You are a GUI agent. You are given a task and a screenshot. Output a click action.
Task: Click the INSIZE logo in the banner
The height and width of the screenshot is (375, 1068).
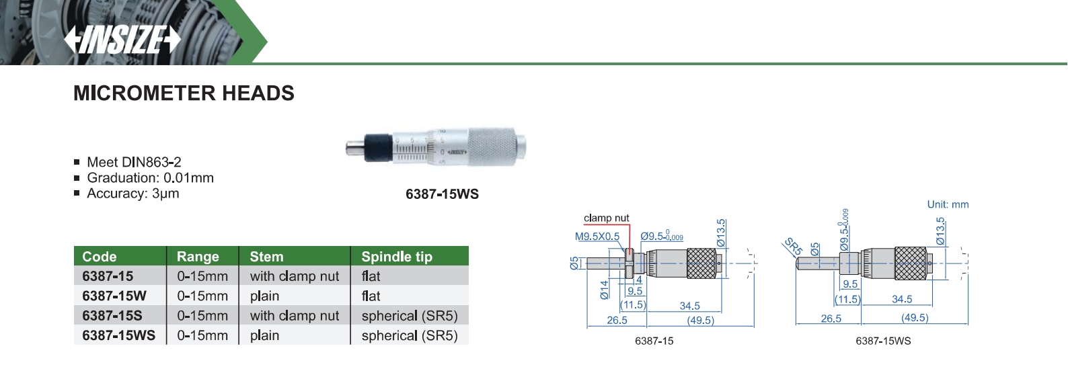122,40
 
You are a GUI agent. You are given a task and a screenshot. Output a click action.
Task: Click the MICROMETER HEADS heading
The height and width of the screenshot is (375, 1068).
184,93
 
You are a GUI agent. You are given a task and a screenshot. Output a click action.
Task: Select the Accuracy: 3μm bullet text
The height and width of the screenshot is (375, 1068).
133,194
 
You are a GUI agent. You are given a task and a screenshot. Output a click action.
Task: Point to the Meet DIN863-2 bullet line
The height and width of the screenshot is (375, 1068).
134,162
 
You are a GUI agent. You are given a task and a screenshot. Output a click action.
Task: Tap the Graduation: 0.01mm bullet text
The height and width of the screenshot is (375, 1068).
150,177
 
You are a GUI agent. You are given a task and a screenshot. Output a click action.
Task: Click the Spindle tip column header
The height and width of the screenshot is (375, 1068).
397,256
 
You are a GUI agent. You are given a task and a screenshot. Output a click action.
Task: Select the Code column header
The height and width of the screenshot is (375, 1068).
99,256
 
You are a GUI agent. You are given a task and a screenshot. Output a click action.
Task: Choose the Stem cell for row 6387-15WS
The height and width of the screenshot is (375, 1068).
264,335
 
